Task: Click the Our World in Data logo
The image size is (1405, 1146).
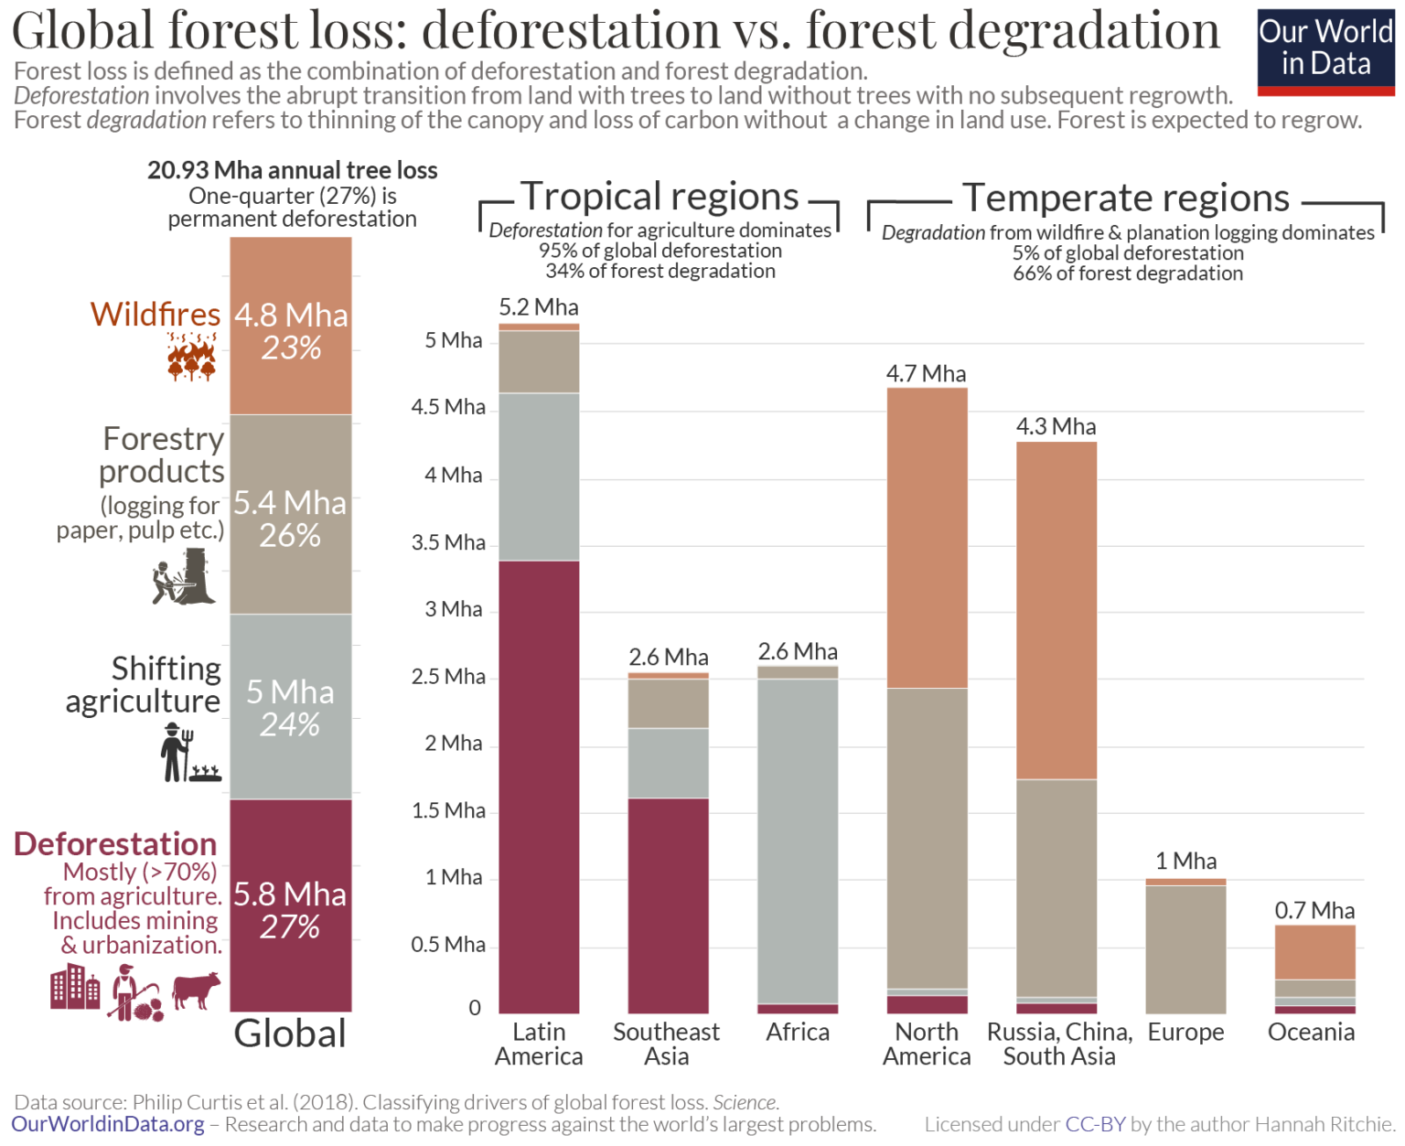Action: pos(1325,51)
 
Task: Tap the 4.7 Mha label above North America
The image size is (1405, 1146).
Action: pos(926,373)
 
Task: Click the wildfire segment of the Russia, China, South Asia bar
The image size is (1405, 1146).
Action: pos(1056,610)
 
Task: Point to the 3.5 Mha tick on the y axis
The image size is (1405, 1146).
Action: pos(448,542)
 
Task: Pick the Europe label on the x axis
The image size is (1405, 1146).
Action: pos(1185,1032)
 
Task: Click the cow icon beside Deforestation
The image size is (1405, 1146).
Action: pos(197,990)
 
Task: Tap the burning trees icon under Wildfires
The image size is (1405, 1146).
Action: pos(191,357)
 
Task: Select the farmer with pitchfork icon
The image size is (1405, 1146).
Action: pos(176,753)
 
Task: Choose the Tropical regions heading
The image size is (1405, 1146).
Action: pos(660,197)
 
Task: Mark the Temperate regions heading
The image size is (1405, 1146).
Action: pos(1125,198)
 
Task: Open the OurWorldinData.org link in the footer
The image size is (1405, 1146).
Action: pos(108,1124)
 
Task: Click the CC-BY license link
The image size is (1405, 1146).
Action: pos(1095,1124)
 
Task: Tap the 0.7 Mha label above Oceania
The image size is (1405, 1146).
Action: pos(1314,910)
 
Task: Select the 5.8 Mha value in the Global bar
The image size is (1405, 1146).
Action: pos(290,894)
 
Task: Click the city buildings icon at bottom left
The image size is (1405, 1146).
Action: pos(75,990)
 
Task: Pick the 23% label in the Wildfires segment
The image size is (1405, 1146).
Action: pos(291,348)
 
